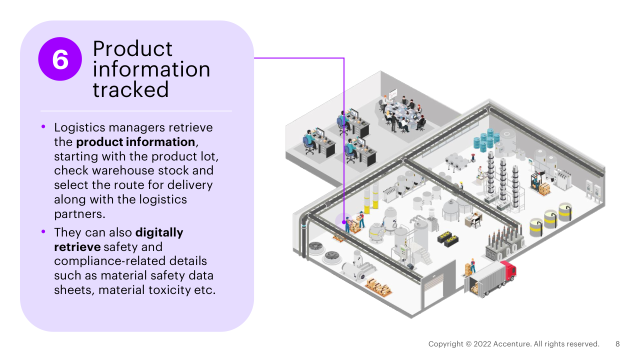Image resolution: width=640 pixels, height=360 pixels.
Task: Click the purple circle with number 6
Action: coord(60,59)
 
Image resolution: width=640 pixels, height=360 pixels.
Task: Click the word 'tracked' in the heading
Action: coord(130,90)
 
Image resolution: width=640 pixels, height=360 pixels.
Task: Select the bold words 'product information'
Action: coord(135,141)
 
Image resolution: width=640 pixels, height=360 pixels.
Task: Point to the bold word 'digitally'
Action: coord(159,232)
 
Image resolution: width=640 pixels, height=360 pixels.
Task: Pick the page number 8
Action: coord(617,344)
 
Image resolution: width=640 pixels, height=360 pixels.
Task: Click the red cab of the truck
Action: coord(508,270)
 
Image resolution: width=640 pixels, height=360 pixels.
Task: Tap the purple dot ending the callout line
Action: coord(344,222)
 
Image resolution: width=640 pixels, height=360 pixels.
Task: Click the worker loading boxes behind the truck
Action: coord(472,265)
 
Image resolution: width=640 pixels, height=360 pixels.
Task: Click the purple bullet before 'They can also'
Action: coord(43,231)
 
